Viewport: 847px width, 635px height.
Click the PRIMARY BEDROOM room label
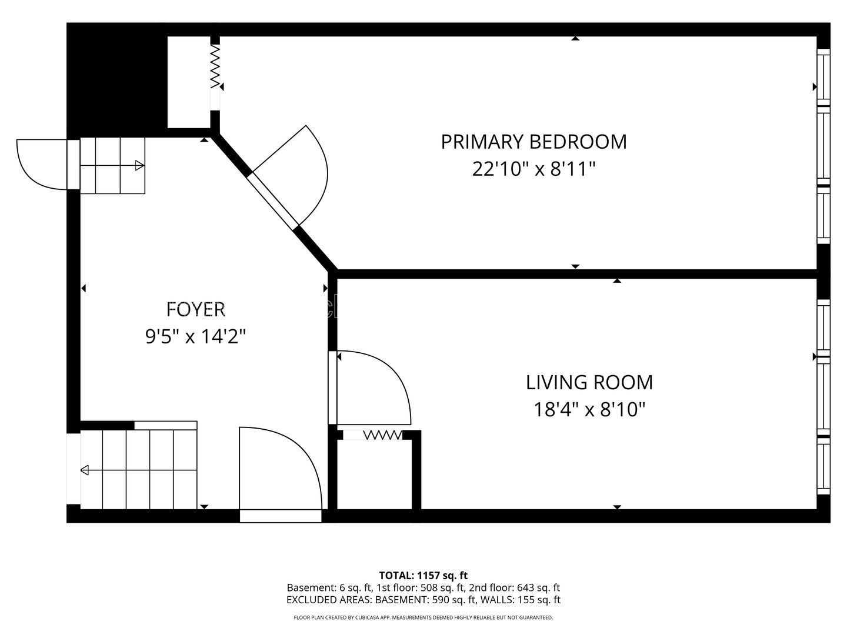click(x=533, y=142)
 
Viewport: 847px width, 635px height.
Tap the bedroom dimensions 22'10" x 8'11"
click(x=533, y=169)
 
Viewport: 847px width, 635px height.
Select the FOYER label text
click(x=196, y=309)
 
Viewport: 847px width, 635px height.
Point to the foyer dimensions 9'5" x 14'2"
click(x=196, y=336)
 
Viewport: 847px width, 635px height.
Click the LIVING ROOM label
click(x=589, y=382)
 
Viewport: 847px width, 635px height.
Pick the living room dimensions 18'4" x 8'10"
click(x=589, y=409)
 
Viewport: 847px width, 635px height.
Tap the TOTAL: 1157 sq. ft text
click(x=423, y=576)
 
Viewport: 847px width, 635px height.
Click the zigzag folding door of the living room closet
click(x=383, y=435)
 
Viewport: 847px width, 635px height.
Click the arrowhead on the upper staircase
click(x=139, y=166)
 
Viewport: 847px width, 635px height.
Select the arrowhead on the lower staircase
click(x=85, y=470)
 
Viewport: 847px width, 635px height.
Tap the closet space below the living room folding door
click(x=374, y=474)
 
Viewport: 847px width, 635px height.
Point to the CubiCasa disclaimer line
click(x=423, y=617)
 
